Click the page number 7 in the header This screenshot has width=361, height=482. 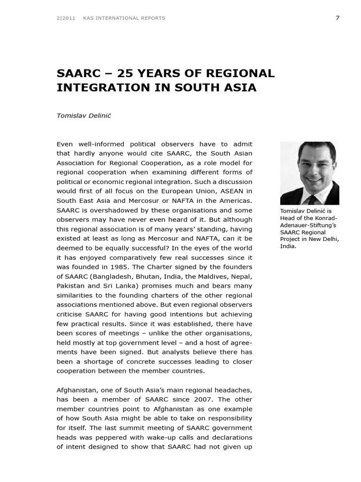click(x=337, y=18)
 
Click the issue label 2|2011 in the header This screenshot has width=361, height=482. click(x=66, y=18)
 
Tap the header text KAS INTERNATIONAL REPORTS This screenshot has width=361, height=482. click(x=124, y=18)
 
